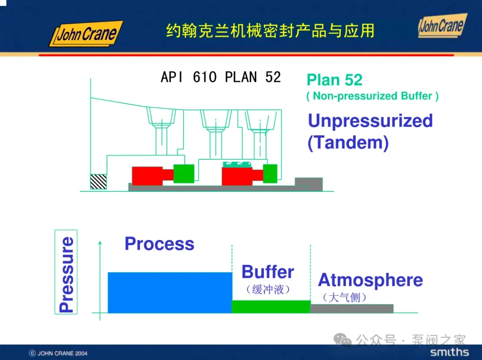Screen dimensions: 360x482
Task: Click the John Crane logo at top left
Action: (x=86, y=34)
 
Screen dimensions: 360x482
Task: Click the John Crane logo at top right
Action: (x=442, y=25)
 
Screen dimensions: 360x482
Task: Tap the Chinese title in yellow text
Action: (x=270, y=31)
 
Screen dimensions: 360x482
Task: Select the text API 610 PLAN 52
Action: (x=220, y=77)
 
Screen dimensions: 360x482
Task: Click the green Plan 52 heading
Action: (x=334, y=80)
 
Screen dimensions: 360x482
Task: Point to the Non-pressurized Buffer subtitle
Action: (x=372, y=96)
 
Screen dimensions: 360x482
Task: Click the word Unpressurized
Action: (x=370, y=121)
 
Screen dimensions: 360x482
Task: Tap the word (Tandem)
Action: (x=348, y=143)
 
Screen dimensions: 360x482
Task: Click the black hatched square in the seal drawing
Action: (x=98, y=181)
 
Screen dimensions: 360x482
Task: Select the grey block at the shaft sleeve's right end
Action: (x=308, y=183)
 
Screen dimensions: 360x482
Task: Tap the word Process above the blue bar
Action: (x=159, y=244)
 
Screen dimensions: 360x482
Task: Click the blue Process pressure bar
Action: (x=170, y=292)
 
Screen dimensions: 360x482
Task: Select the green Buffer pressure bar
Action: (x=271, y=306)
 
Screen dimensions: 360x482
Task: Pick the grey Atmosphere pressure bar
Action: (x=352, y=308)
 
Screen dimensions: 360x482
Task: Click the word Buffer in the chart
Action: (x=268, y=272)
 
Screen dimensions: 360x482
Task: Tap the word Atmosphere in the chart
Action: (x=370, y=280)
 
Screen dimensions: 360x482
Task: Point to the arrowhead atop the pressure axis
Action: (x=100, y=243)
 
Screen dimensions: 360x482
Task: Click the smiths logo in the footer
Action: (x=449, y=352)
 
